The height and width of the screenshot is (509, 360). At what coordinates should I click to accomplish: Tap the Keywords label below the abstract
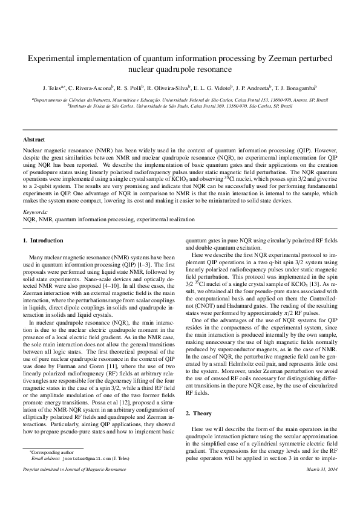[x=34, y=212]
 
